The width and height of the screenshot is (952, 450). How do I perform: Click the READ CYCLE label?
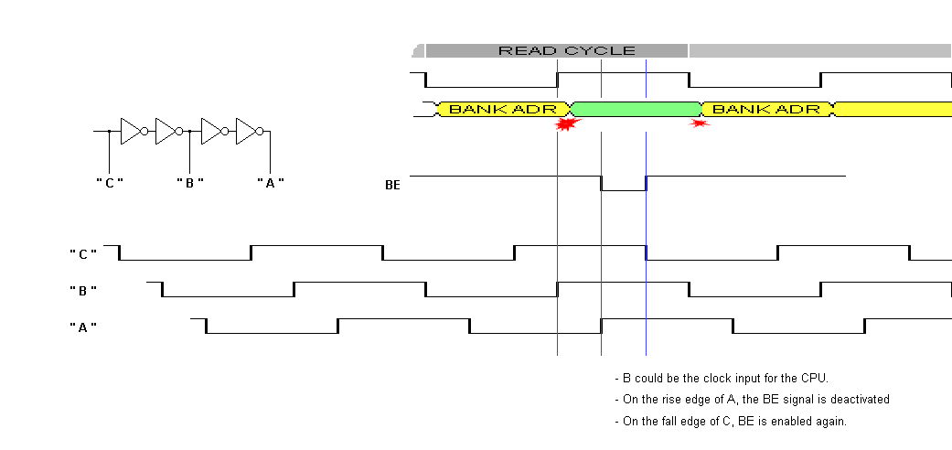[566, 50]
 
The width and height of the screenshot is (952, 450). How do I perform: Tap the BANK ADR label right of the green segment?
[765, 109]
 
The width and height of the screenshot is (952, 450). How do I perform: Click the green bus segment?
[635, 109]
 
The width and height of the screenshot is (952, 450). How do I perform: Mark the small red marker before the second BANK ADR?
[701, 123]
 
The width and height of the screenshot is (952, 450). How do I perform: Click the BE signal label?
[392, 185]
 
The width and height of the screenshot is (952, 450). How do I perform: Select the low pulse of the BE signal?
[623, 189]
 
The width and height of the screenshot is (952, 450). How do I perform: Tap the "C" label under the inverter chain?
[110, 182]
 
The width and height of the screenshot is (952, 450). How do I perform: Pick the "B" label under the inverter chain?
[189, 182]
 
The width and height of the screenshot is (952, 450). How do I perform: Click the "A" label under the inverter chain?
[270, 182]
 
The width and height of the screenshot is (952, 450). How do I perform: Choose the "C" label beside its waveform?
[83, 252]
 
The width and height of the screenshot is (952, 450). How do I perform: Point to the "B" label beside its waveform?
[83, 290]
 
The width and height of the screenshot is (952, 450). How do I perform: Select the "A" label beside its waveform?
[83, 327]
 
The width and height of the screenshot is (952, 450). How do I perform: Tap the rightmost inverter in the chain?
[249, 131]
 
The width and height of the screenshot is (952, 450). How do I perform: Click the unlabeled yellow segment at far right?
[893, 109]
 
